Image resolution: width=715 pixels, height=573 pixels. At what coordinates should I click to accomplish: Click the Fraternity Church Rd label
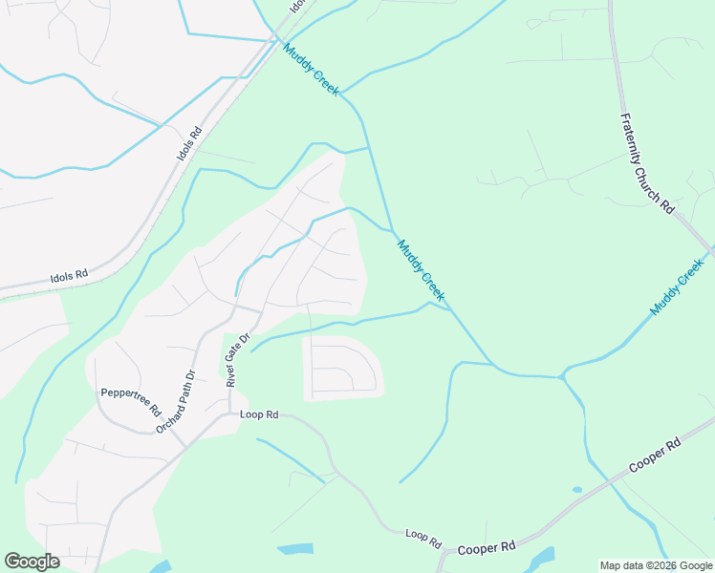647,163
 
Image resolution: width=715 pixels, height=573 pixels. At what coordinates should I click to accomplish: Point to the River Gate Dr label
236,359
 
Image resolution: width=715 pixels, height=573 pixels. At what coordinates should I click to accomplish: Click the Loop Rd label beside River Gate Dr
259,414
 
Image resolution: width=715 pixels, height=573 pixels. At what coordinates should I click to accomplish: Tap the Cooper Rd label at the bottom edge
487,547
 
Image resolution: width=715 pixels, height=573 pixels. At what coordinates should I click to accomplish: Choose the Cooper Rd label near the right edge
655,457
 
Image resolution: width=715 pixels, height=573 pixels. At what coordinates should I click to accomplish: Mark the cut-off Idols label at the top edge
298,7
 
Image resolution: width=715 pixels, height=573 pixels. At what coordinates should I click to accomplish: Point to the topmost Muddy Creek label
310,73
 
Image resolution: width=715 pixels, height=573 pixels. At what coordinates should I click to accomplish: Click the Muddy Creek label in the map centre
421,269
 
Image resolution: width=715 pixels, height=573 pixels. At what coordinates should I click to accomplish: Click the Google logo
32,561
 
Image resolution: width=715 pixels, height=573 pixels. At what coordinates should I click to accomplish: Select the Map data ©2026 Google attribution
656,565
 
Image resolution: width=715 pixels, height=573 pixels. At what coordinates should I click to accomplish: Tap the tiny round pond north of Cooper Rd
576,490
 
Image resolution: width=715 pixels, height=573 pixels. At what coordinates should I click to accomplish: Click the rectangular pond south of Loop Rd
294,549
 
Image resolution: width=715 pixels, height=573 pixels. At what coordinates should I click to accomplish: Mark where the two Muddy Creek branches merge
561,375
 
